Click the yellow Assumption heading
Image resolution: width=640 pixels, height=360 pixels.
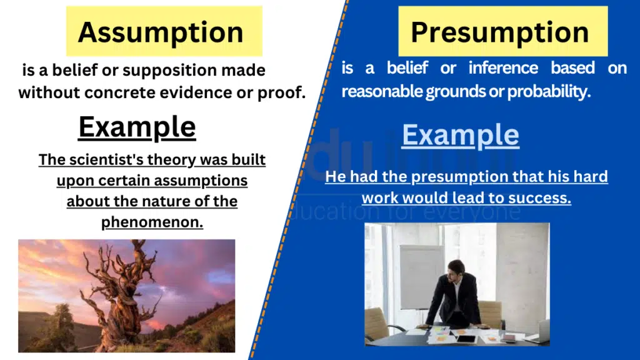(x=161, y=32)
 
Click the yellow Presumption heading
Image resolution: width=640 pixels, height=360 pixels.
(x=500, y=32)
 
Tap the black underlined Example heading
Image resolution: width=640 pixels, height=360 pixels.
(x=137, y=127)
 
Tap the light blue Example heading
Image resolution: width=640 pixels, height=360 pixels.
(x=460, y=135)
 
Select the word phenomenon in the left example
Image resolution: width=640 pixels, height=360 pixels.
(x=152, y=223)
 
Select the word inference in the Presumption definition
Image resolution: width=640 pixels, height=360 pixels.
(x=503, y=68)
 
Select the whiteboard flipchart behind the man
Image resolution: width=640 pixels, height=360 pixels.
(x=421, y=275)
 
